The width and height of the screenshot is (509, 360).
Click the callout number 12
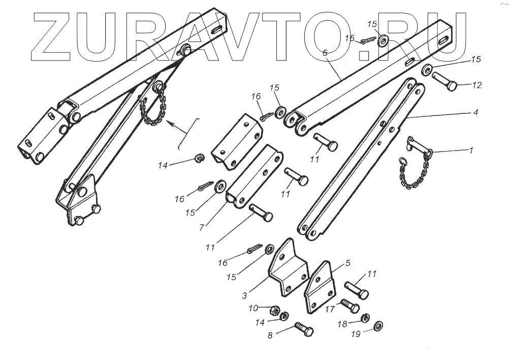476,85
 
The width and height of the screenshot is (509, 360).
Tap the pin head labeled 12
451,86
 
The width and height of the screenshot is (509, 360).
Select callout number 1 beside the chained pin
470,151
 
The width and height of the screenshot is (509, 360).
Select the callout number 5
348,263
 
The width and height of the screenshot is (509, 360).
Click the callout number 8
270,335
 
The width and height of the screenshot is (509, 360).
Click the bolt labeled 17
351,306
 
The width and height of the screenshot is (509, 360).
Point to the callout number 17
329,308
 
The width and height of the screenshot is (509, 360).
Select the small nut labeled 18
364,318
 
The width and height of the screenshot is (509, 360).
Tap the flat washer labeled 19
378,326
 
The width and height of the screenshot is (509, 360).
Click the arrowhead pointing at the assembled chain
169,124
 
